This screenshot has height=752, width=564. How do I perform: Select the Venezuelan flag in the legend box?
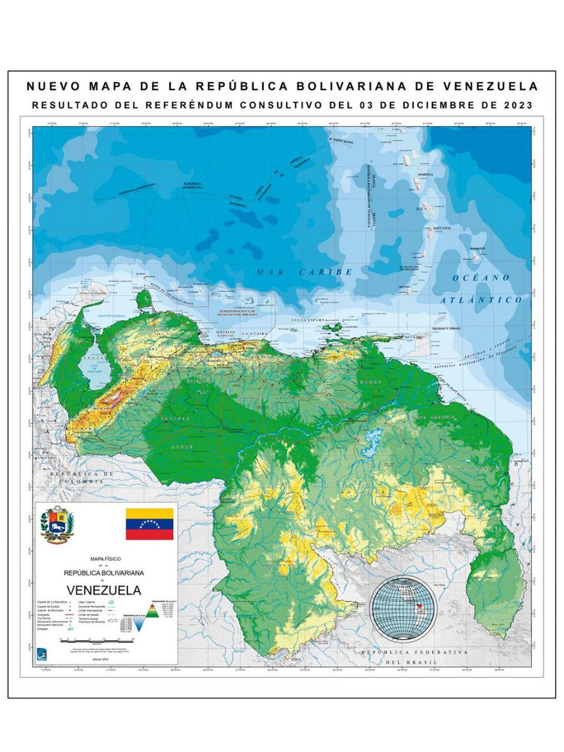[149, 524]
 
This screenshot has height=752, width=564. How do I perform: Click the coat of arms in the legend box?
[57, 525]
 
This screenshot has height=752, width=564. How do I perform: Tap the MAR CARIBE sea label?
[305, 272]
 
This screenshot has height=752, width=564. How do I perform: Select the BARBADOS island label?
[478, 248]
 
